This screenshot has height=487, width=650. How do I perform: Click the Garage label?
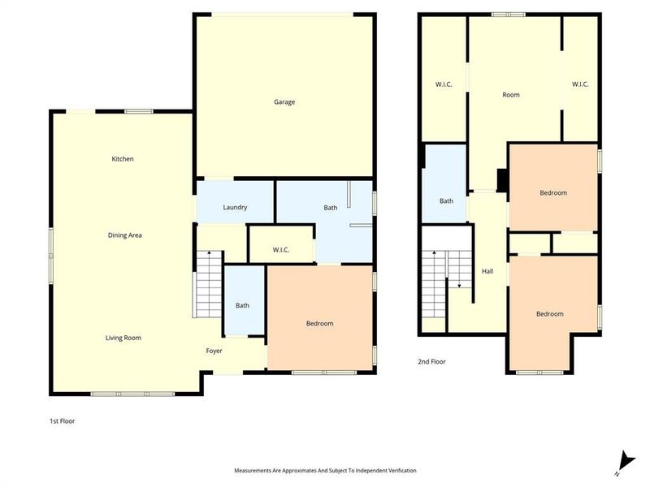[284, 102]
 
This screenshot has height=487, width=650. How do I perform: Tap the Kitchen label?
[123, 159]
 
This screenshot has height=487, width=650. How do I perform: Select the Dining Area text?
[125, 235]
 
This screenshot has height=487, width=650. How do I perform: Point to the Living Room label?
[123, 338]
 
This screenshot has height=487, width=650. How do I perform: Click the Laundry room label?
[235, 208]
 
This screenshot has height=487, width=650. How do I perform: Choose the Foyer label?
[214, 351]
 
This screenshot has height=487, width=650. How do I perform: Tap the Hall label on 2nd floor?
[487, 271]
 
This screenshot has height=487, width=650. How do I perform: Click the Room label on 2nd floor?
[510, 95]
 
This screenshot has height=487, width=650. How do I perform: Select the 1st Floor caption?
[63, 421]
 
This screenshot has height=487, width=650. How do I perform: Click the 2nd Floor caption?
[431, 362]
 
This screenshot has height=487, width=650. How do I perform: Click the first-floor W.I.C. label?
[281, 250]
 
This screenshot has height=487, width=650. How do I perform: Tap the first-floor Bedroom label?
[319, 324]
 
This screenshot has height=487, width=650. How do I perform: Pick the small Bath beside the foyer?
[242, 305]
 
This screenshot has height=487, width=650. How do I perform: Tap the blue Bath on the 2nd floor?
[446, 200]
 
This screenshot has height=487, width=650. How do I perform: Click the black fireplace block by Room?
[502, 179]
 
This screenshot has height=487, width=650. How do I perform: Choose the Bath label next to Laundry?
[331, 208]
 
